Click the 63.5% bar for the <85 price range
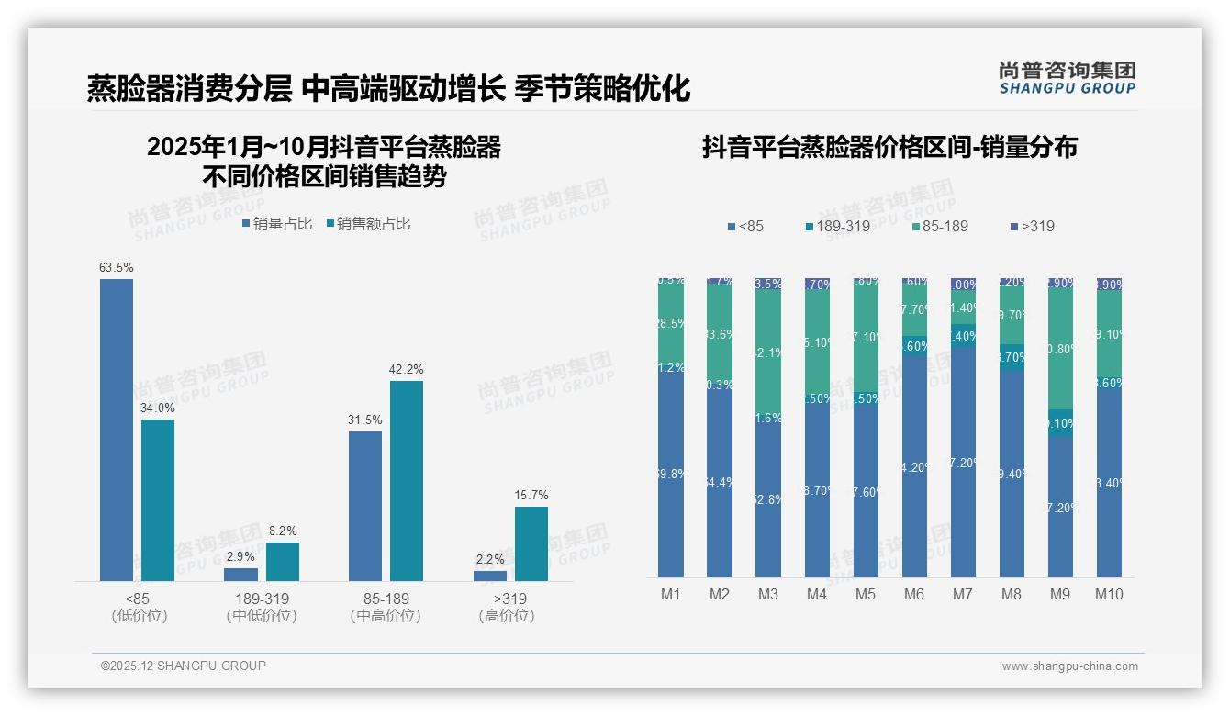pos(117,430)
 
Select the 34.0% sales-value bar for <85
pos(158,500)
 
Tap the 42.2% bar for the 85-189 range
pos(407,481)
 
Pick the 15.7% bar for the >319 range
pos(531,543)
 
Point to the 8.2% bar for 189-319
pos(283,562)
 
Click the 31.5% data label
pos(365,420)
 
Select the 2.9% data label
pos(241,557)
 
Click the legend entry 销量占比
pos(281,223)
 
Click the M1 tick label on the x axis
pos(671,594)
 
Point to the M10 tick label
pos(1109,594)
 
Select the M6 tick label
pos(914,594)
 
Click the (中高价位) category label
pos(386,616)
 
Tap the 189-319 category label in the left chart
pos(262,599)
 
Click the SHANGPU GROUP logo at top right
pos(1068,77)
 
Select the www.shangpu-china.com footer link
pos(1069,666)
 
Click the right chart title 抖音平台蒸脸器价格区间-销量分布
pos(889,147)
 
